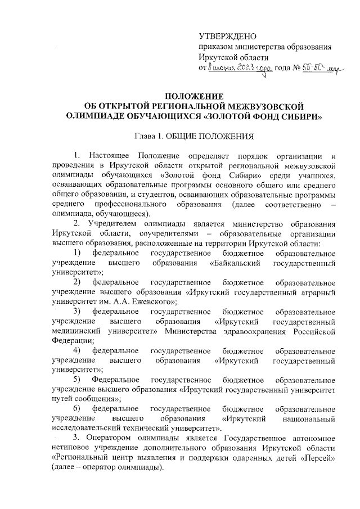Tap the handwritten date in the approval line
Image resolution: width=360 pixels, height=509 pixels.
pos(240,68)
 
